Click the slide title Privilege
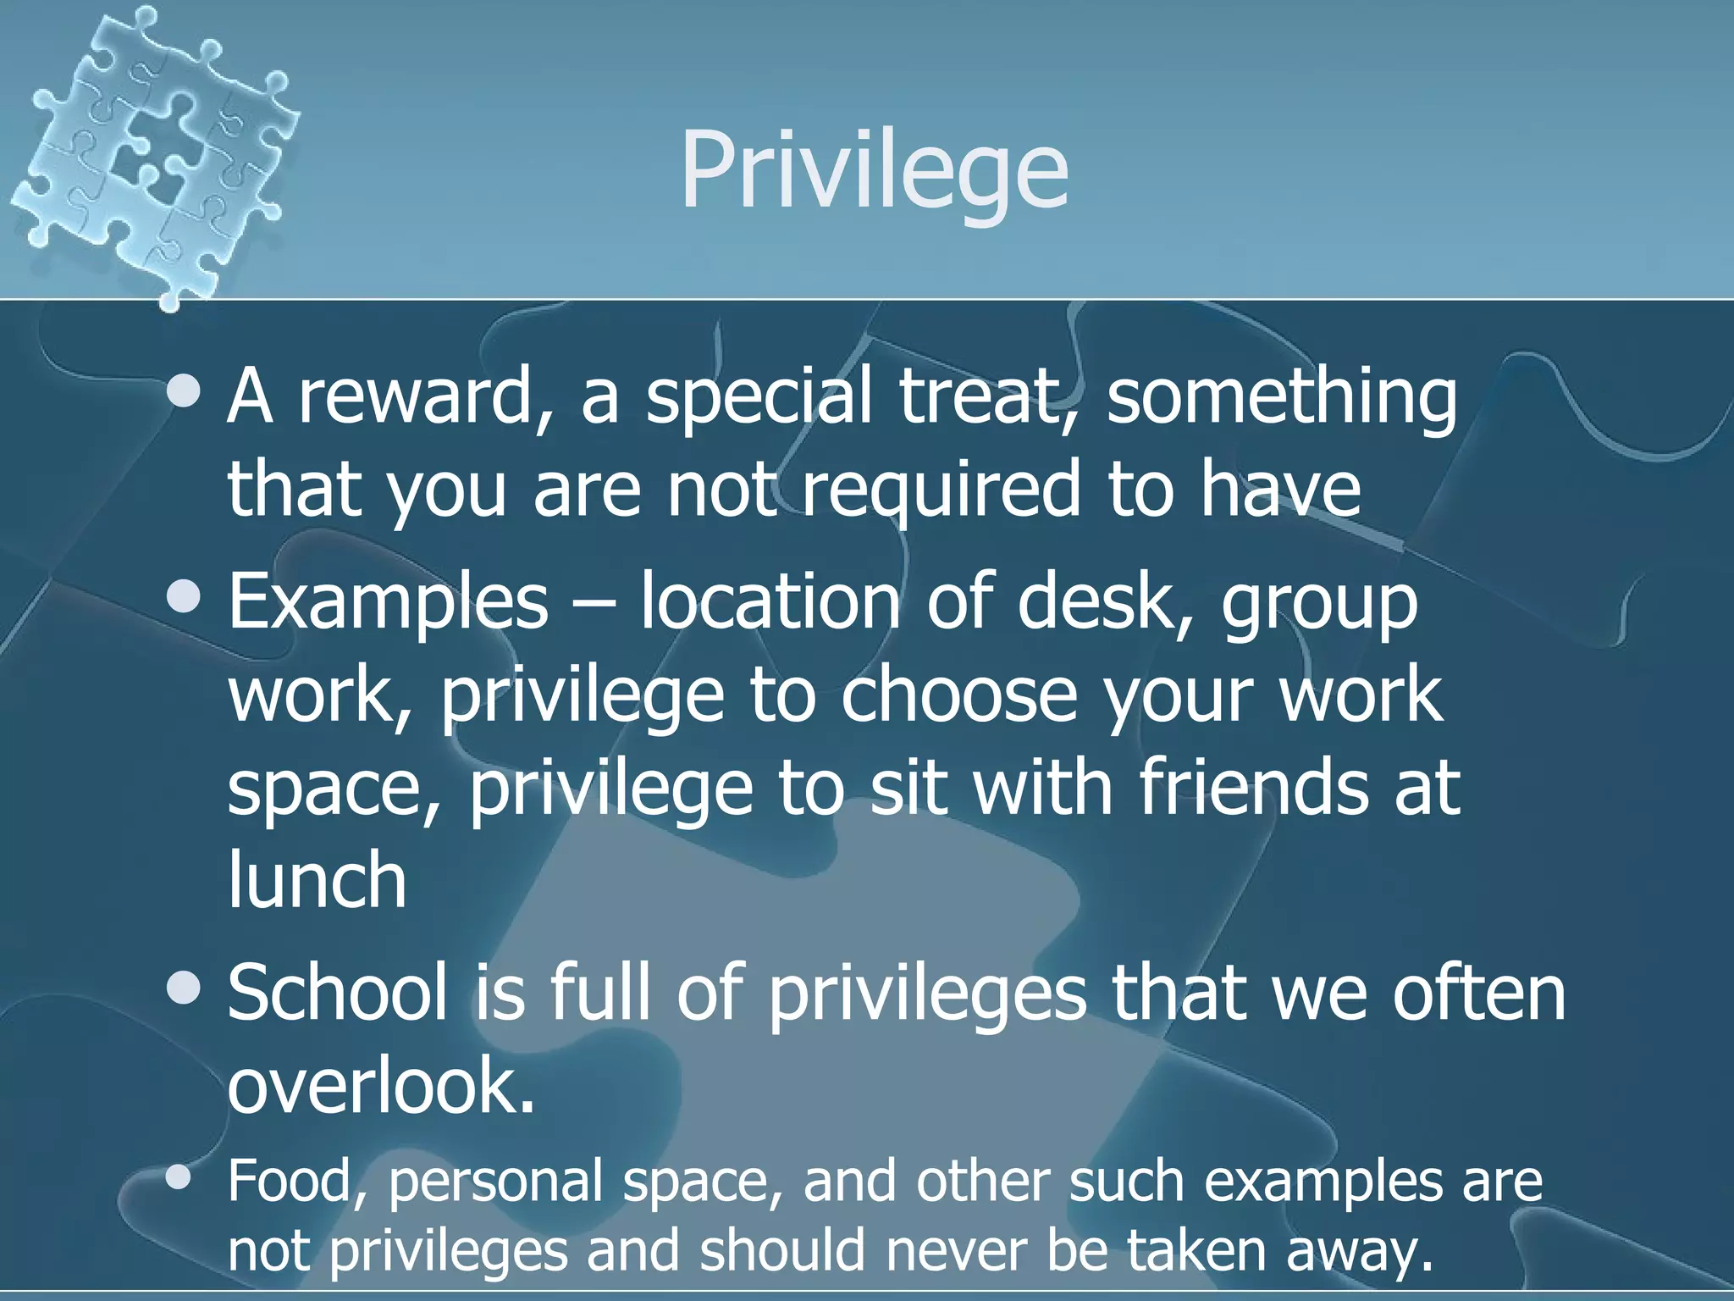874,172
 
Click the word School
338,993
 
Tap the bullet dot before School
184,987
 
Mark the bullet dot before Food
179,1177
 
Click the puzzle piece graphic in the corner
157,152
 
